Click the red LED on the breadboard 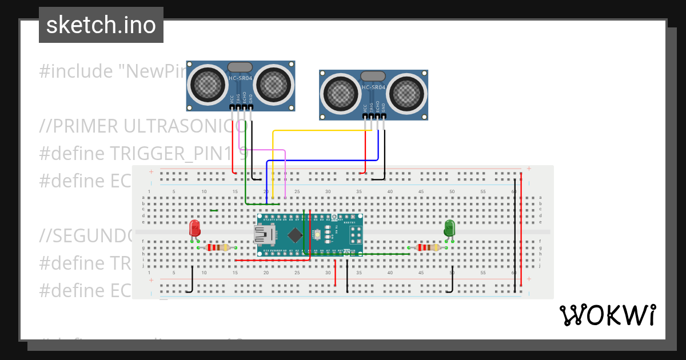pos(195,228)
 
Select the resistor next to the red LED pos(217,247)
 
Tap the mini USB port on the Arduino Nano pos(264,233)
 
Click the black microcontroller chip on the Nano pos(295,234)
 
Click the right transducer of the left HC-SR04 pos(275,85)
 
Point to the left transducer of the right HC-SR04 pos(340,94)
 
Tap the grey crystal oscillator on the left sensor pos(240,67)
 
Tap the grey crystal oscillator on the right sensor pos(373,76)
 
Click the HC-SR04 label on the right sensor pos(373,87)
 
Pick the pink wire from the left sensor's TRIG pos(263,150)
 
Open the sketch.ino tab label pos(101,25)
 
